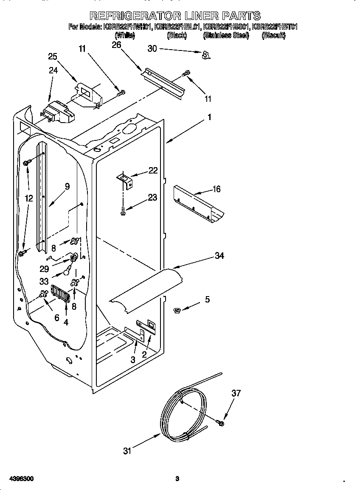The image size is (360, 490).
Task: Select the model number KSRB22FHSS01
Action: point(226,27)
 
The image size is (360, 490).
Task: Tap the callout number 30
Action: point(152,49)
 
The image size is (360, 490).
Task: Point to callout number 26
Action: point(116,45)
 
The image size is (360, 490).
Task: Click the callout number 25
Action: point(53,56)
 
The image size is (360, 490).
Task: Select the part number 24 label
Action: point(53,70)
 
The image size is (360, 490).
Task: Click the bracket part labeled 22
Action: point(125,179)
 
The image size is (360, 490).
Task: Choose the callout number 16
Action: point(217,189)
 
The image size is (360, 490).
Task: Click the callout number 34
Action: point(219,255)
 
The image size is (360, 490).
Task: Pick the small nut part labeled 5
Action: point(178,311)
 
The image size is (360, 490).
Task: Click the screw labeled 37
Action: point(221,423)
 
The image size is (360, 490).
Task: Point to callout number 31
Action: point(128,451)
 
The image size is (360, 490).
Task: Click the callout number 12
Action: point(28,198)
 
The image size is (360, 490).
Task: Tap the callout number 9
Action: point(67,185)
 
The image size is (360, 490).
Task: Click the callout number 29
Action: point(44,269)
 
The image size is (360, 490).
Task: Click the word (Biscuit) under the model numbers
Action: point(274,36)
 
